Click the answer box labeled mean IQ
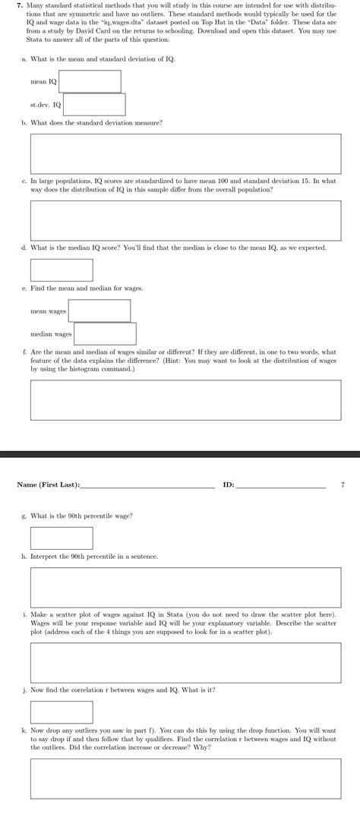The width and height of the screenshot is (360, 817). pos(90,81)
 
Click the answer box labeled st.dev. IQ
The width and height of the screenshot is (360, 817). pos(94,104)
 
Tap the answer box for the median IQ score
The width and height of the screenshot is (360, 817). pos(62,270)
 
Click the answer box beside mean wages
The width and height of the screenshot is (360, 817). pos(99,311)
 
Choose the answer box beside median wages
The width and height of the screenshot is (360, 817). pos(105,333)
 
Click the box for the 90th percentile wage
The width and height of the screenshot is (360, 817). pos(62,538)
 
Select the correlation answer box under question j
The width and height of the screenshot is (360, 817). pos(62,712)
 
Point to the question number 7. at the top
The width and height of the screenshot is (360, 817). pos(21,4)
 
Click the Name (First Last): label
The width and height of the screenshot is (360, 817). pos(48,484)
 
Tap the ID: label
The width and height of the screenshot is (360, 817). pos(229,484)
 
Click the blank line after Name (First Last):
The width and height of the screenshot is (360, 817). pos(147,486)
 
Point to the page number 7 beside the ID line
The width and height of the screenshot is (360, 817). pos(343,484)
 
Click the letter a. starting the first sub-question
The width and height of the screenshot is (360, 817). pos(24,59)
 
